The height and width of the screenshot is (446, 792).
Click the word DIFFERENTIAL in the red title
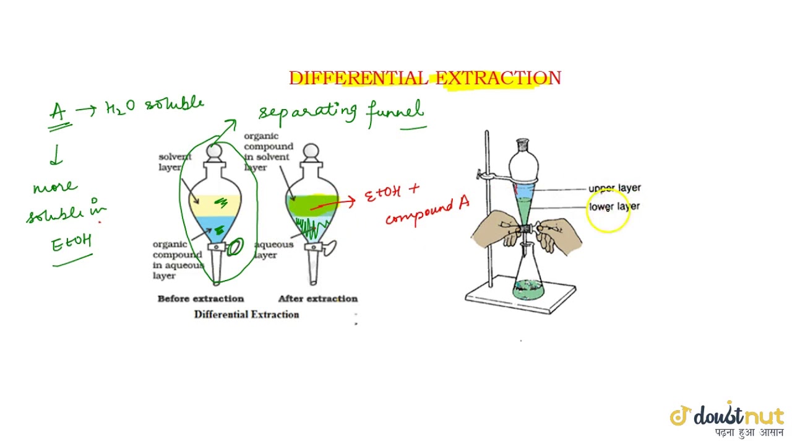click(x=357, y=78)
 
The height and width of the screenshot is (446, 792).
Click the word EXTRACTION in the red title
click(x=498, y=78)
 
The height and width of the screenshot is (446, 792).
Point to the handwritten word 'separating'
click(x=308, y=111)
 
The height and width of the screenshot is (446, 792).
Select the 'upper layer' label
click(x=614, y=188)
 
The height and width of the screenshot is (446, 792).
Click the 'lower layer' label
click(x=614, y=206)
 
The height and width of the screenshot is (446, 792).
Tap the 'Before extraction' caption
click(x=200, y=299)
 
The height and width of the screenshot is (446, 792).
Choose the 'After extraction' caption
click(x=317, y=299)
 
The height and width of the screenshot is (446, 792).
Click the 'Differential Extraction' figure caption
click(x=246, y=314)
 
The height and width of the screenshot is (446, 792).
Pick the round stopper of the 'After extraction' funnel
click(x=311, y=151)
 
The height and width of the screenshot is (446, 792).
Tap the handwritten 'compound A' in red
click(x=428, y=211)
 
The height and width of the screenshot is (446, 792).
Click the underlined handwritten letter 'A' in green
click(x=58, y=112)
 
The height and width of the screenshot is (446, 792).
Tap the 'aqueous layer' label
click(x=273, y=250)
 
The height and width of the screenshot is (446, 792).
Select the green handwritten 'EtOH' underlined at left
click(x=71, y=243)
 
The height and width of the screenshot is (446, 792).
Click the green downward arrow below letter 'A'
click(x=56, y=155)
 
